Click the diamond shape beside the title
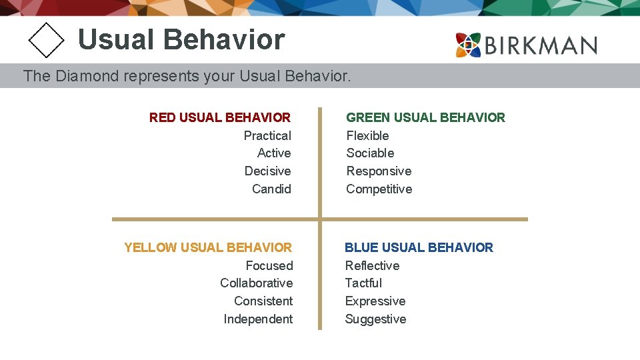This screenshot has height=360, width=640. [x=46, y=40]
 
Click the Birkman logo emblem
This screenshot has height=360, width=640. [x=469, y=45]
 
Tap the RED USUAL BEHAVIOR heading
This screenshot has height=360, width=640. [x=220, y=117]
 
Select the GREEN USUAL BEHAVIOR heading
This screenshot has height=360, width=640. [x=425, y=117]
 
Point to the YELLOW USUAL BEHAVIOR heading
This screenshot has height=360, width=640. [x=208, y=247]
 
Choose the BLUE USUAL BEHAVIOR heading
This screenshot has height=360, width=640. [x=419, y=247]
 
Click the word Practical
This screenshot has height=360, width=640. [x=267, y=135]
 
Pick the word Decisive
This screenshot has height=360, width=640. [x=267, y=171]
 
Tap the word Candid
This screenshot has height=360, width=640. [x=271, y=189]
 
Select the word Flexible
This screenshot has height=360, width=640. [x=367, y=135]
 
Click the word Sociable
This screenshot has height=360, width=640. [x=370, y=153]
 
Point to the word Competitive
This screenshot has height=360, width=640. [x=379, y=189]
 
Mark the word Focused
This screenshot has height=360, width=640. [x=269, y=265]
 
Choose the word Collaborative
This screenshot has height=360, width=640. [x=256, y=283]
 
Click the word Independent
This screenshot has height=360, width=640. [x=258, y=319]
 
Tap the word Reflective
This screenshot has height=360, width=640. [x=372, y=265]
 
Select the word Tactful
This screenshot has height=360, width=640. [x=363, y=283]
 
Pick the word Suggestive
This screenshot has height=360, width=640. [x=375, y=319]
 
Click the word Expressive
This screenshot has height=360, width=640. [x=375, y=301]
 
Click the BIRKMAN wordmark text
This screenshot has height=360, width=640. [x=541, y=45]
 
